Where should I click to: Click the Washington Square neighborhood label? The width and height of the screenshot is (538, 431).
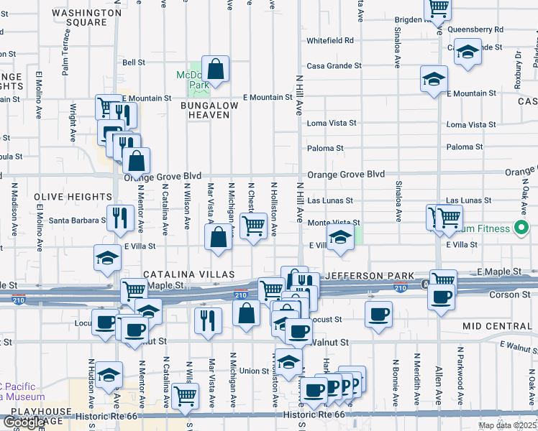pos(89,17)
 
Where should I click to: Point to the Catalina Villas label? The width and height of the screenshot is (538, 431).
pos(188,274)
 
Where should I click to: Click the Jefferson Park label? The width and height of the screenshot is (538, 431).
pos(370,276)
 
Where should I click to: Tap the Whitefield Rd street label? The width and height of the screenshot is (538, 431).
pos(330,41)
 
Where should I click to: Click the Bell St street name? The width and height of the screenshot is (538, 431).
pos(134,62)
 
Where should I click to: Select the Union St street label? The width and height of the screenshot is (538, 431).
pos(254,371)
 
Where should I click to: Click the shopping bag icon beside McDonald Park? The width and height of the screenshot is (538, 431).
pos(215,70)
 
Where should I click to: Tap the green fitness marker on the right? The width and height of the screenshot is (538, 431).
pos(523,229)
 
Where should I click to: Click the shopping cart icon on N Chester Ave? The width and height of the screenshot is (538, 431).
pos(253,225)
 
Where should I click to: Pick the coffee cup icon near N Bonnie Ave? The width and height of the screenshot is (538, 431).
pos(378,314)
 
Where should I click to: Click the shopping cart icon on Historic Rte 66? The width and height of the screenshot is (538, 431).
pos(186,395)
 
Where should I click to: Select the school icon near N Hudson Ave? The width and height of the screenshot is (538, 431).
pos(109,374)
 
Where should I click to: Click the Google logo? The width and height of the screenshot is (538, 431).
pos(24,423)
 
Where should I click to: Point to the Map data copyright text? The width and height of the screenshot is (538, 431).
pos(507,425)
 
